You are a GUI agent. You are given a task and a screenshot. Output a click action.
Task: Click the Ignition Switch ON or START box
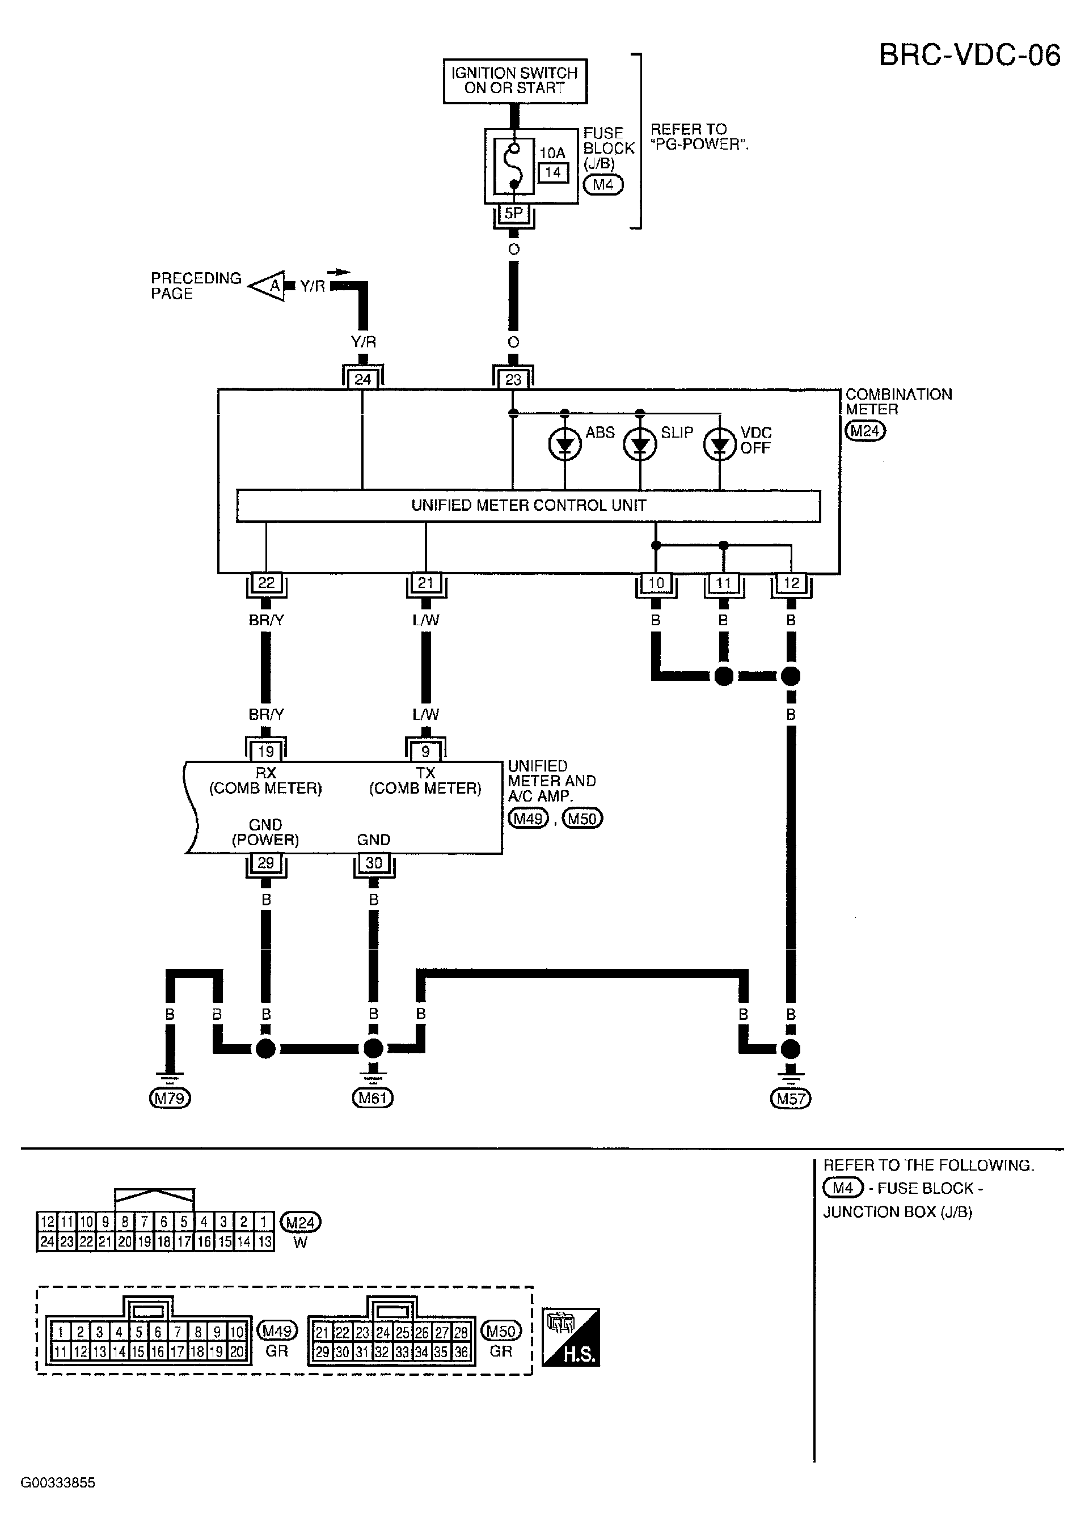pyautogui.click(x=515, y=81)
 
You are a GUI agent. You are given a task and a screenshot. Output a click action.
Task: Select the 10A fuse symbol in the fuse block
pyautogui.click(x=514, y=166)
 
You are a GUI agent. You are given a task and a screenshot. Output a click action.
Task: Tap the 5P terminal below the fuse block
pyautogui.click(x=513, y=213)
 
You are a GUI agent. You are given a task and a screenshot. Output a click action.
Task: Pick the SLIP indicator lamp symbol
pyautogui.click(x=640, y=444)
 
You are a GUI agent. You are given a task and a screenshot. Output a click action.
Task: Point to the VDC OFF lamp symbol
pyautogui.click(x=720, y=445)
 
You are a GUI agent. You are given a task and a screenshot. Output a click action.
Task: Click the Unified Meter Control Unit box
pyautogui.click(x=529, y=506)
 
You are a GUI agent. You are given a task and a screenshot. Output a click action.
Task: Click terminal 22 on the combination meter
pyautogui.click(x=266, y=582)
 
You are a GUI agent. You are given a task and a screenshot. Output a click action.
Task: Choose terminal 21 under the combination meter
pyautogui.click(x=425, y=582)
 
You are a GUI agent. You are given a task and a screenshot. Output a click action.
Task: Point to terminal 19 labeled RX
pyautogui.click(x=266, y=751)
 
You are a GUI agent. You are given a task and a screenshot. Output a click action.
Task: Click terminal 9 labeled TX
pyautogui.click(x=425, y=751)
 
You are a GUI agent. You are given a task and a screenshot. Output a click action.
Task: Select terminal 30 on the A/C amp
pyautogui.click(x=373, y=863)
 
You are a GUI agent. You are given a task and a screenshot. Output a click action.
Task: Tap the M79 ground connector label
pyautogui.click(x=170, y=1098)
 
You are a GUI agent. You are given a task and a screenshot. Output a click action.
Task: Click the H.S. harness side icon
pyautogui.click(x=570, y=1337)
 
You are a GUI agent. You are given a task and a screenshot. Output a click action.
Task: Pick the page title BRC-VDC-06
pyautogui.click(x=969, y=56)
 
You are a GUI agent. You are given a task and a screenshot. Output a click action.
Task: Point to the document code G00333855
pyautogui.click(x=58, y=1482)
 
